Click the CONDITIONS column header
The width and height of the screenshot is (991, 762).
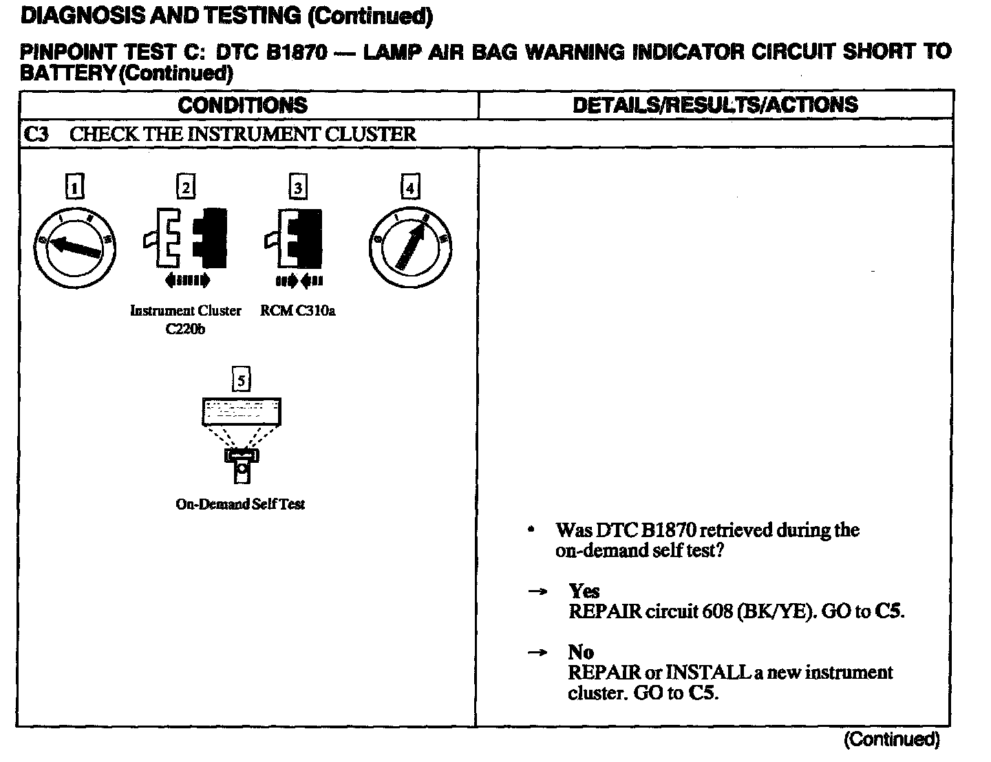[242, 105]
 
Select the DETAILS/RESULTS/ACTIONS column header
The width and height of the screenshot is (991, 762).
[715, 105]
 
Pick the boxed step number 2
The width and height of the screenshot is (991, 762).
[186, 187]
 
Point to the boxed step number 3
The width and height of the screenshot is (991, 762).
[297, 187]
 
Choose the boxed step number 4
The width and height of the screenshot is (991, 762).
[410, 187]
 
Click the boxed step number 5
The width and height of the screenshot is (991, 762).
[241, 380]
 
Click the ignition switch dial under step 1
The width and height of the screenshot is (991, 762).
[75, 248]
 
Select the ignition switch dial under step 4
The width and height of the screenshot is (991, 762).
[410, 248]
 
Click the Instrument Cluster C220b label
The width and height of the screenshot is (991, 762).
[186, 319]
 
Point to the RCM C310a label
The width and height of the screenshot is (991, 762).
[297, 311]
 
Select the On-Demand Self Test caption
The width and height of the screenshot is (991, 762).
[240, 504]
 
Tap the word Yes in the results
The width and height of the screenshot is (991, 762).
[584, 591]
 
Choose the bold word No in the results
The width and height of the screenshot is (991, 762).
[580, 651]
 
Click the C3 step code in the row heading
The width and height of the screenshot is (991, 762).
[36, 133]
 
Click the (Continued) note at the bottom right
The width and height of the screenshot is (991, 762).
[891, 739]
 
